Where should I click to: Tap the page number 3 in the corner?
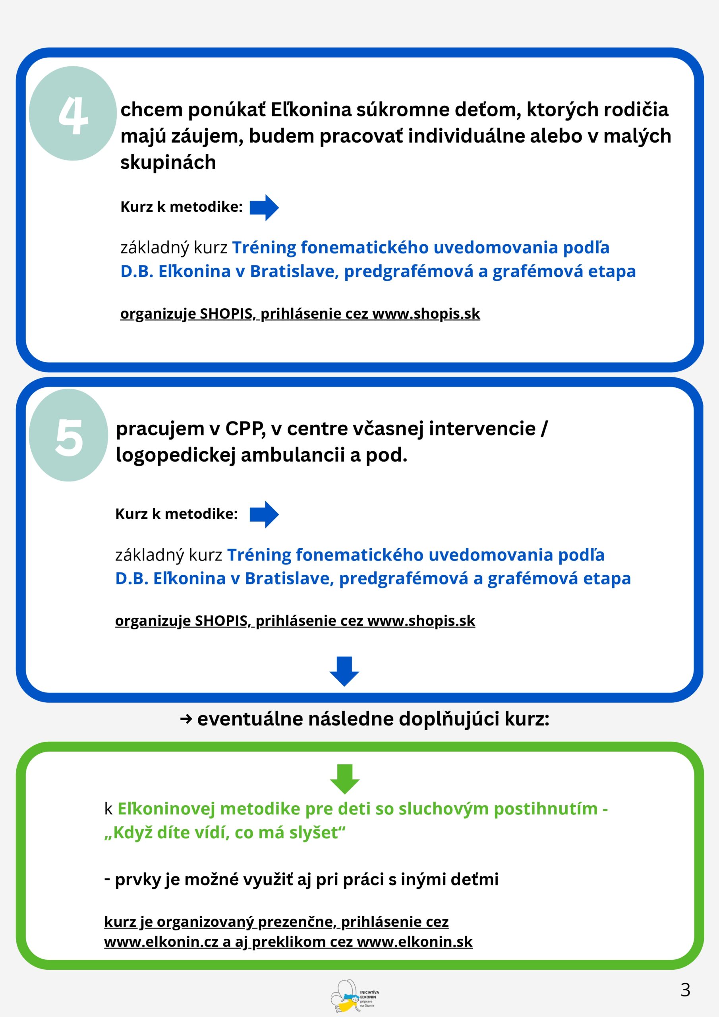(685, 990)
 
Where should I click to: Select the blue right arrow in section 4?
(264, 207)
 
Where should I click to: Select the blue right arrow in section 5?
(264, 514)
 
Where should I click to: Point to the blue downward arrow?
(344, 671)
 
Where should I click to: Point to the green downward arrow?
(345, 779)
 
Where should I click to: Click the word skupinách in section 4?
(168, 162)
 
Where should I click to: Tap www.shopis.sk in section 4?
(426, 313)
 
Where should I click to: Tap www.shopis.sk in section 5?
(421, 621)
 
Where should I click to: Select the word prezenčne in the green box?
(297, 922)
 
